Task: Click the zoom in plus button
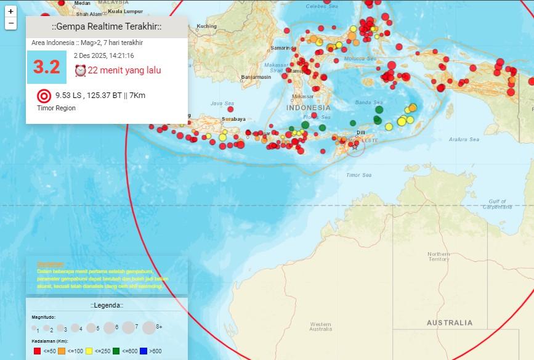[10, 12]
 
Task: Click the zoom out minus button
[10, 24]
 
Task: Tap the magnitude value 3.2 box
[47, 67]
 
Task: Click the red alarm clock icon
[80, 70]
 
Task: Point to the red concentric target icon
[44, 96]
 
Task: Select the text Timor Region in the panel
[56, 108]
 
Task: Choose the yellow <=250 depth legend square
[89, 351]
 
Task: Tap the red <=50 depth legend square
[36, 351]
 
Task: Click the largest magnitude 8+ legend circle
[149, 327]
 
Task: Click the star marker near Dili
[354, 147]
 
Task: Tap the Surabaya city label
[233, 119]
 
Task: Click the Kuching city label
[207, 26]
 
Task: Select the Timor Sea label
[358, 175]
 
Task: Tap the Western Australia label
[320, 326]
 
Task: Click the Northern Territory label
[439, 256]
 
